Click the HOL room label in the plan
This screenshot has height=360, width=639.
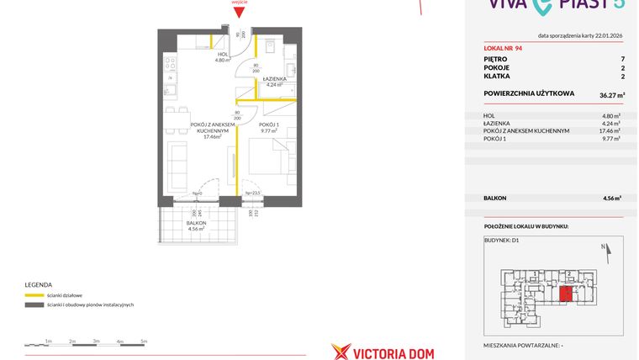(223, 56)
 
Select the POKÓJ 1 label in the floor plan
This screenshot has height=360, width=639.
(269, 125)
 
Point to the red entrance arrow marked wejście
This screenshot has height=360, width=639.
(239, 8)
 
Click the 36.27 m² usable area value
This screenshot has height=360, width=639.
(608, 93)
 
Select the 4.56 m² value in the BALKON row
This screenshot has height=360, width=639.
(611, 199)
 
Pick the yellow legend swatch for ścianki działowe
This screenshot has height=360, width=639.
(34, 295)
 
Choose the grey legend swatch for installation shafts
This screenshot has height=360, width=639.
(34, 304)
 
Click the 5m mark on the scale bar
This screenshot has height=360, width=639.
(144, 341)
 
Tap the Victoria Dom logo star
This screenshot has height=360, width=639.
(341, 352)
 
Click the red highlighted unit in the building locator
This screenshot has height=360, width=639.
(567, 294)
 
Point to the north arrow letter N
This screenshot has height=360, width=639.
(604, 246)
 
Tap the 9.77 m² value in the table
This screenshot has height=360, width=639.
(611, 138)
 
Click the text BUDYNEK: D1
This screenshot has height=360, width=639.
(502, 241)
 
